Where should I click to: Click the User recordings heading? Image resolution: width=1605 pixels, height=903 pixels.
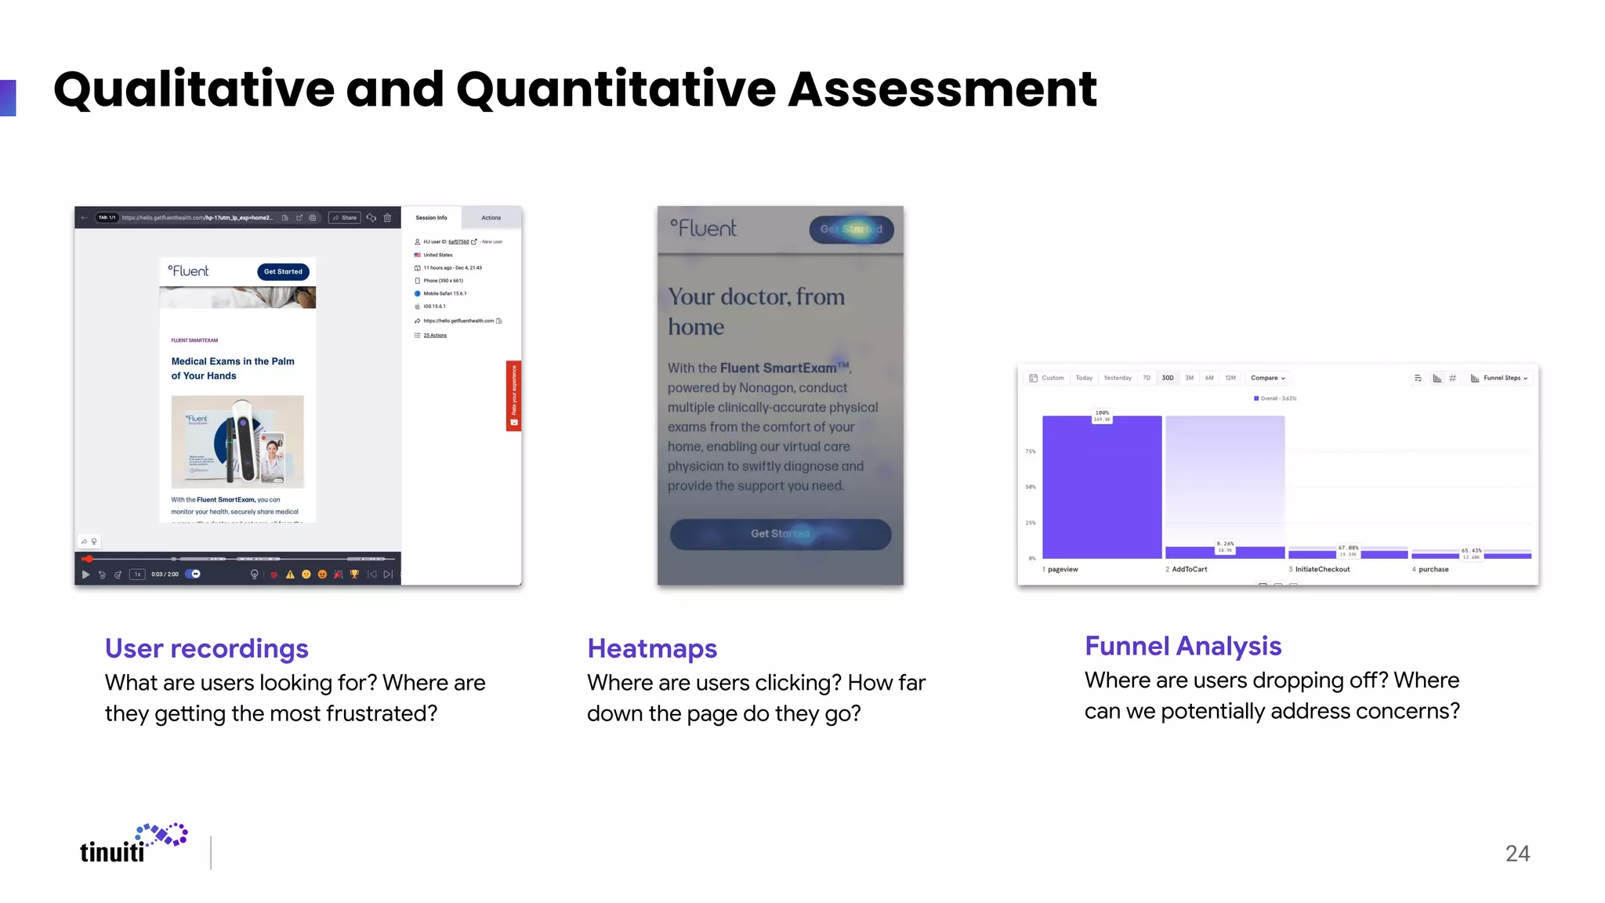tap(206, 649)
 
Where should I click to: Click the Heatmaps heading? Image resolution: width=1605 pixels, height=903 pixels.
tap(652, 649)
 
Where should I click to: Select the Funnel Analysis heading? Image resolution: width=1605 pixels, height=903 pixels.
tap(1183, 646)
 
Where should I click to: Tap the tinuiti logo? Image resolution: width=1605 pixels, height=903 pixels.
tap(133, 845)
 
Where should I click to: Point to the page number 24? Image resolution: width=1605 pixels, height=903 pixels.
tap(1517, 854)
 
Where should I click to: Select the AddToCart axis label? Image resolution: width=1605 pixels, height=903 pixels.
tap(1189, 570)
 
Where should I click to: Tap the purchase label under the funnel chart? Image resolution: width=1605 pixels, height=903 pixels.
tap(1433, 570)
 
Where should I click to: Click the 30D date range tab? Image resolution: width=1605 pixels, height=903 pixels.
tap(1168, 378)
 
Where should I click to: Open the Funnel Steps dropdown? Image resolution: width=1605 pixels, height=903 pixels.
tap(1500, 378)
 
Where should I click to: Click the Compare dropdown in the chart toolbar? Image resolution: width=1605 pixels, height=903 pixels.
tap(1267, 378)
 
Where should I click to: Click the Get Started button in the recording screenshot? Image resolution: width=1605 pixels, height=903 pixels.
tap(283, 272)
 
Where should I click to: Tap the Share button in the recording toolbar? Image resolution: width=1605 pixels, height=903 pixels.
tap(345, 218)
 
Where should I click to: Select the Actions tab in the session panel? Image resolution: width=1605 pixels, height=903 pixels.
tap(491, 218)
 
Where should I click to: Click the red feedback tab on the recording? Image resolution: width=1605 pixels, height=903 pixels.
tap(513, 396)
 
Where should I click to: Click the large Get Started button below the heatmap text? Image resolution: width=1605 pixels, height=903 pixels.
tap(780, 534)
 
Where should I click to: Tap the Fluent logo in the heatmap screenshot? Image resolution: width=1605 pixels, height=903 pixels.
tap(704, 228)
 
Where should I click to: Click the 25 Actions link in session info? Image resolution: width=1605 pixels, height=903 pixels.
tap(435, 335)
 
